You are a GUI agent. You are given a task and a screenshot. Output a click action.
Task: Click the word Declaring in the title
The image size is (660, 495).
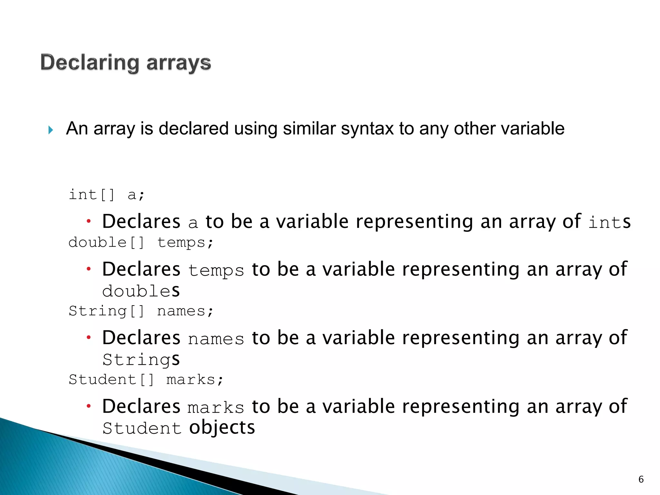click(90, 63)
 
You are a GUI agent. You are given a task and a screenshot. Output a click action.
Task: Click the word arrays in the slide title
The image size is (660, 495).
click(179, 63)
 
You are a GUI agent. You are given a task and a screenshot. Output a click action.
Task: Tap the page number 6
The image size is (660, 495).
click(641, 480)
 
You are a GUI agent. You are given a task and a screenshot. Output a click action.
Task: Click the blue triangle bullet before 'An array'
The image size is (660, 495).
click(51, 130)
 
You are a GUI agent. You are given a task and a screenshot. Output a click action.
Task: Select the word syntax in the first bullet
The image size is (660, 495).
click(367, 129)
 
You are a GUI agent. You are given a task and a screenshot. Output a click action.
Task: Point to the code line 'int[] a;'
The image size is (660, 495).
click(107, 195)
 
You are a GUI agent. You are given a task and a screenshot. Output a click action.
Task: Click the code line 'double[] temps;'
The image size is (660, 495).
click(141, 242)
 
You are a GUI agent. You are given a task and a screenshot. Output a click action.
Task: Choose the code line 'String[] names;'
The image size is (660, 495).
click(141, 311)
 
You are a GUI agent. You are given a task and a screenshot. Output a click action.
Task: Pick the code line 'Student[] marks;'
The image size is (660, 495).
click(146, 380)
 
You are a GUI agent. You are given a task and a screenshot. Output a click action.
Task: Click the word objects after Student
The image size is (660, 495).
click(222, 428)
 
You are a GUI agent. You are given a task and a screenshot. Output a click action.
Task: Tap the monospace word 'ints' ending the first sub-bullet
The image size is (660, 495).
click(609, 222)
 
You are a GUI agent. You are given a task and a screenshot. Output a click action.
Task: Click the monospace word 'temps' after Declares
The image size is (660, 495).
click(216, 270)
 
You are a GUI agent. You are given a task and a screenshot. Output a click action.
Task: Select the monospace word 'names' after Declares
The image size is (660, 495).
click(216, 339)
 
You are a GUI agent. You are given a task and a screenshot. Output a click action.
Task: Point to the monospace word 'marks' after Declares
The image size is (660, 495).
click(216, 408)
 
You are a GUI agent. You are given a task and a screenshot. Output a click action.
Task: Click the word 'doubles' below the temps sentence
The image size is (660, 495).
click(141, 291)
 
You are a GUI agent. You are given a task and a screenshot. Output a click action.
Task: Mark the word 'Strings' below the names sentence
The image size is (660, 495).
click(141, 360)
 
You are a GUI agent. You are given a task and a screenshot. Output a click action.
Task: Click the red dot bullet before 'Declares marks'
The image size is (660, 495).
click(89, 406)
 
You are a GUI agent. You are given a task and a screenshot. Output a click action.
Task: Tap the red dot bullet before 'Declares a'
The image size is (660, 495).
click(89, 221)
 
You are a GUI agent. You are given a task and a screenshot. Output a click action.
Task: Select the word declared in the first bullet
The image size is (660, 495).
click(194, 129)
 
